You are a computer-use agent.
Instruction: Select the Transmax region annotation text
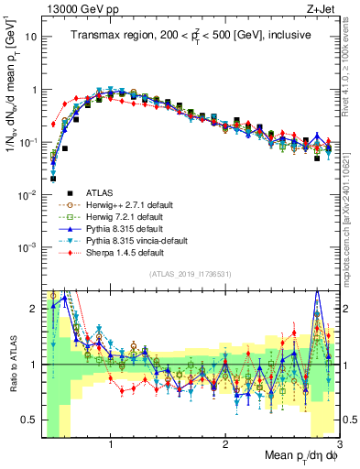click(x=188, y=33)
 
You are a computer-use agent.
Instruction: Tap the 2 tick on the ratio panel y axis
click(x=33, y=309)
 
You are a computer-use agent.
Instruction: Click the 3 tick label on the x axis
click(x=339, y=445)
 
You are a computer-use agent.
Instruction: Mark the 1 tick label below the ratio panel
click(x=111, y=445)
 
